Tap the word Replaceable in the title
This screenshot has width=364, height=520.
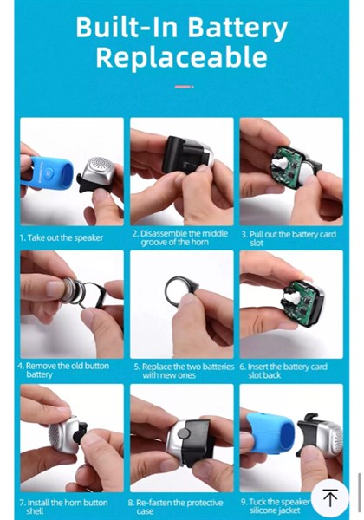pyautogui.click(x=182, y=58)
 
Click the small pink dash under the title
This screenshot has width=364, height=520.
pyautogui.click(x=184, y=87)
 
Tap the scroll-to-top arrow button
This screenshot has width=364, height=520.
pyautogui.click(x=330, y=497)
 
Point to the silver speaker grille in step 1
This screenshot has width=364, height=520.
pyautogui.click(x=100, y=167)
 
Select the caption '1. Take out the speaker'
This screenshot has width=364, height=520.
pyautogui.click(x=62, y=237)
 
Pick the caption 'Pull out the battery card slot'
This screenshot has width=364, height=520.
pyautogui.click(x=289, y=239)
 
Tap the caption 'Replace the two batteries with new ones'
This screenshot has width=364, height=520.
pyautogui.click(x=184, y=371)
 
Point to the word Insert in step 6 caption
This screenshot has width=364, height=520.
pyautogui.click(x=258, y=367)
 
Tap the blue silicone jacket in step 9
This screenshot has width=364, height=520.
pyautogui.click(x=270, y=431)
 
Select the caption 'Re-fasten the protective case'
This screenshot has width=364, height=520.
pyautogui.click(x=175, y=507)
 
